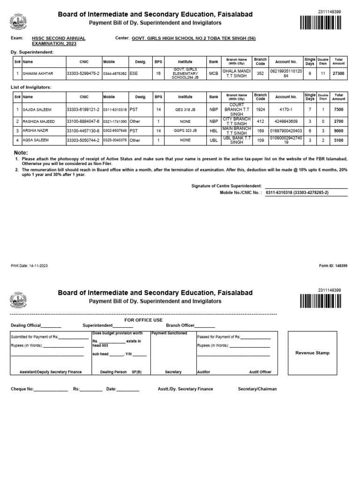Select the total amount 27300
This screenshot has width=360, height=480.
338,74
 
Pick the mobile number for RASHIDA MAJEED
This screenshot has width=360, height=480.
115,121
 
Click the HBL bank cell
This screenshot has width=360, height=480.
214,131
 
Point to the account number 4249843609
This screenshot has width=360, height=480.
286,121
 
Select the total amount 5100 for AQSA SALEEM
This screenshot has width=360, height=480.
338,140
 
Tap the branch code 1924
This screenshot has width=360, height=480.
260,110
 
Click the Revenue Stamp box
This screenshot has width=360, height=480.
312,353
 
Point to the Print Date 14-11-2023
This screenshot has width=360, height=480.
29,266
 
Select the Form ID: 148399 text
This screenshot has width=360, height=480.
333,266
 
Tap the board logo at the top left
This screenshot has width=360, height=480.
18,21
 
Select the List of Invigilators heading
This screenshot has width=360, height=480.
31,87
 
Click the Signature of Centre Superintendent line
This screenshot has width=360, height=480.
306,186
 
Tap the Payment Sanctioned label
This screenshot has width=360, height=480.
169,333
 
